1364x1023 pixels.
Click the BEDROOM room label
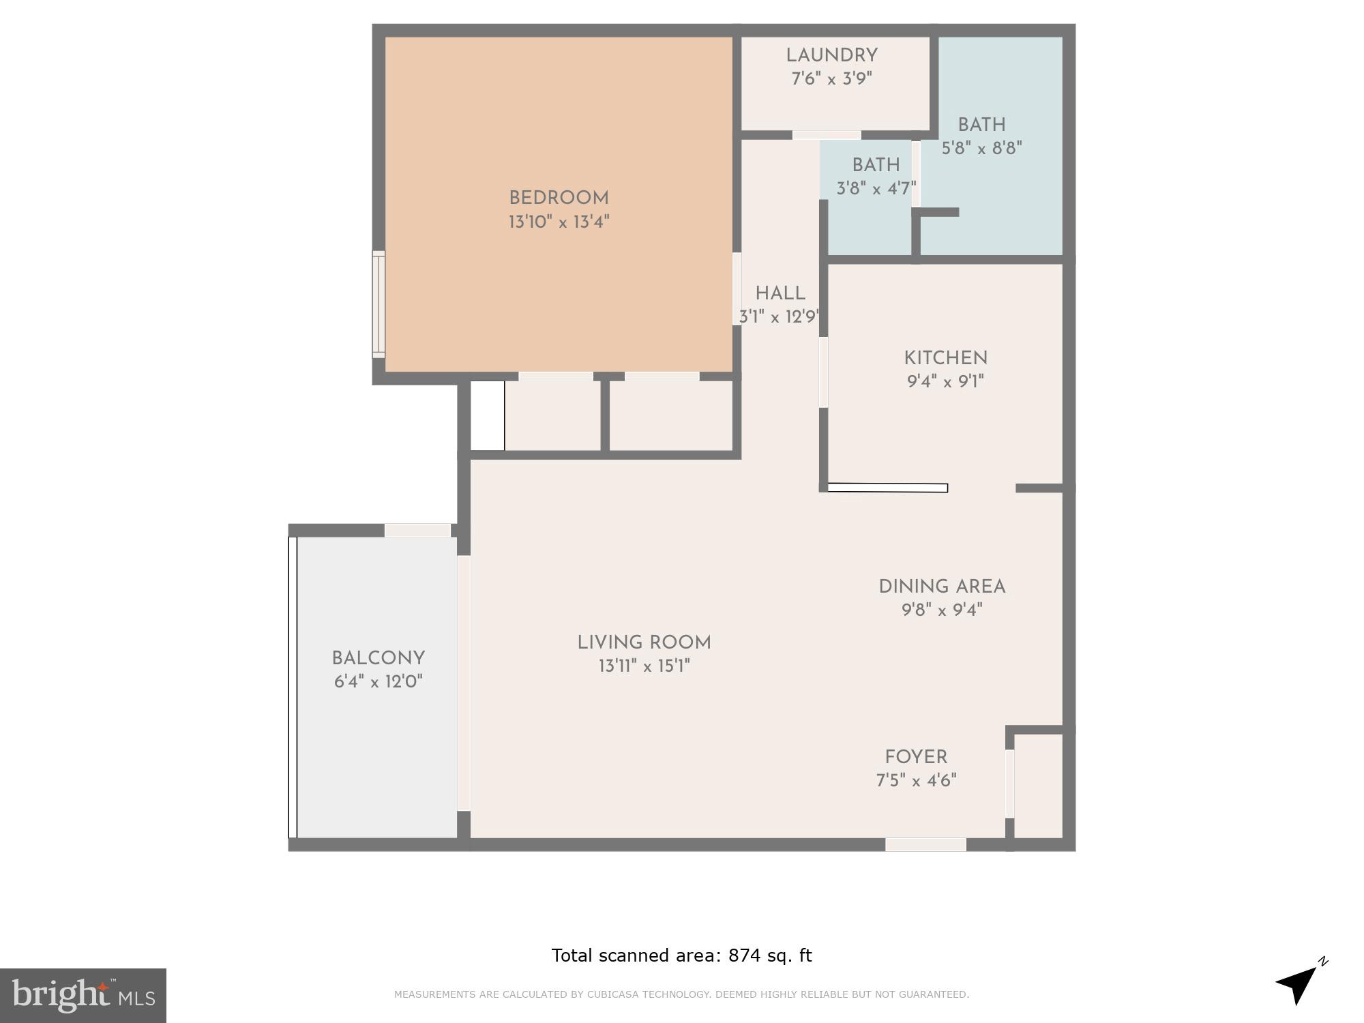(x=559, y=198)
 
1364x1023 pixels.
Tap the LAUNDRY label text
(x=831, y=55)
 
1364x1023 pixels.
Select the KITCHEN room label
(x=945, y=358)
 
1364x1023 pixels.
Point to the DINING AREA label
(x=941, y=587)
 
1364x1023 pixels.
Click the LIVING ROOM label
(x=644, y=642)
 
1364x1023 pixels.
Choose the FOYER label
(x=916, y=757)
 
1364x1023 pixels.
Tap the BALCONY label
(x=378, y=658)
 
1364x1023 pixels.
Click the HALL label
(x=780, y=293)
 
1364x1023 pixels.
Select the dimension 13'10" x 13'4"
(x=559, y=222)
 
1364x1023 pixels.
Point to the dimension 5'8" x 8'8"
(x=981, y=149)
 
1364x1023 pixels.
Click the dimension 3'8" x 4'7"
(x=876, y=188)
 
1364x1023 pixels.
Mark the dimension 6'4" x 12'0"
(x=378, y=682)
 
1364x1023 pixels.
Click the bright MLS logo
(x=83, y=995)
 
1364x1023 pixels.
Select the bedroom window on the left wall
(x=379, y=304)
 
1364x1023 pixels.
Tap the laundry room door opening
(x=827, y=135)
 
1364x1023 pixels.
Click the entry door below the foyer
(x=925, y=844)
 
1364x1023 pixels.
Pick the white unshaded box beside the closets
(x=488, y=415)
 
